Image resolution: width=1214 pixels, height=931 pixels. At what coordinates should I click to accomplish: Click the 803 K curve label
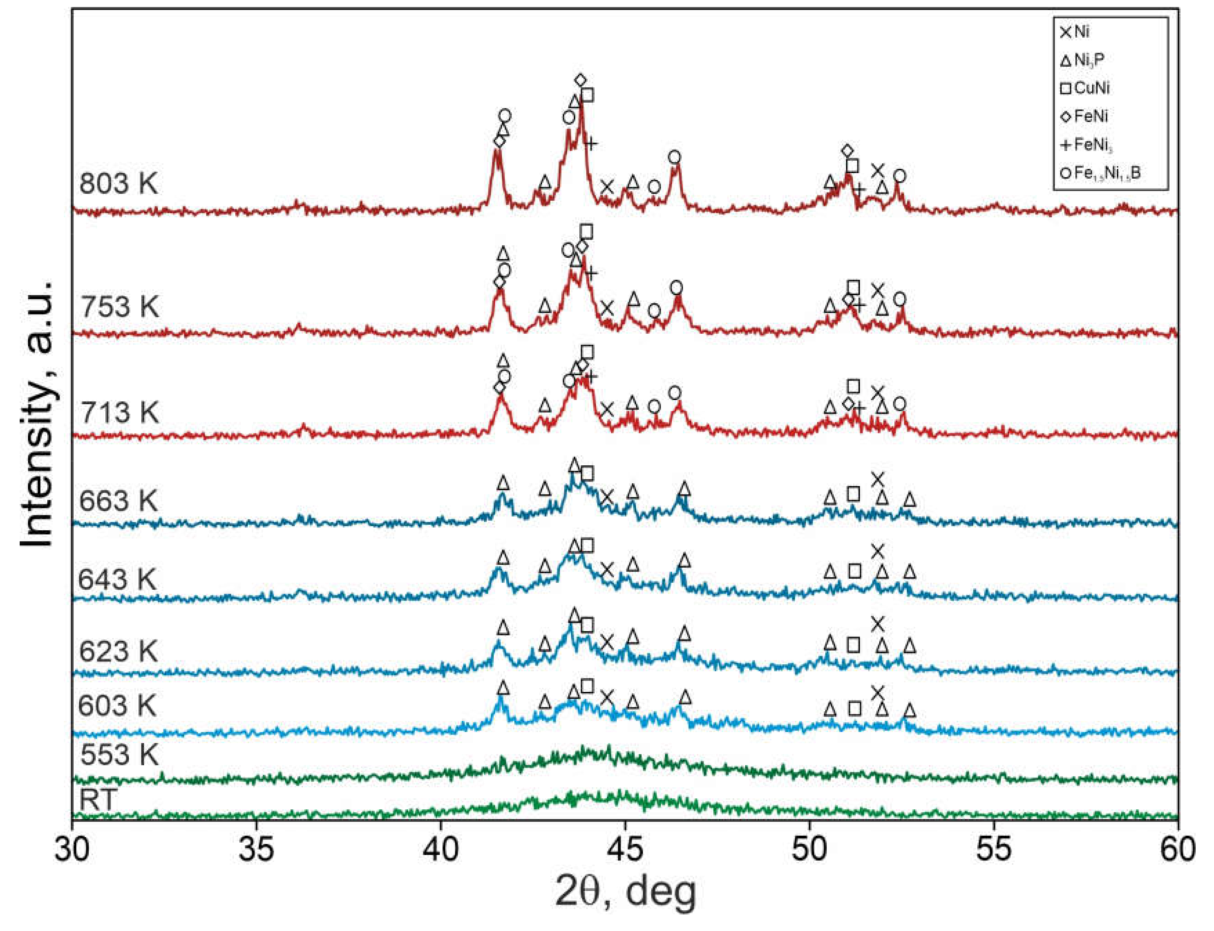[x=118, y=182]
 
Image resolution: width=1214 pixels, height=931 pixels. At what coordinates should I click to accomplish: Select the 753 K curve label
[x=119, y=306]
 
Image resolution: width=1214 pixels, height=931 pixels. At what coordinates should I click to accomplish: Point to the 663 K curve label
[x=118, y=501]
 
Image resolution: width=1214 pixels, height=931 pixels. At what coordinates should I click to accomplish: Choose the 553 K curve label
[x=119, y=754]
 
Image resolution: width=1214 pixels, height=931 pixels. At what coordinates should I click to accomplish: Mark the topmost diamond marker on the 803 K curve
[x=580, y=81]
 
